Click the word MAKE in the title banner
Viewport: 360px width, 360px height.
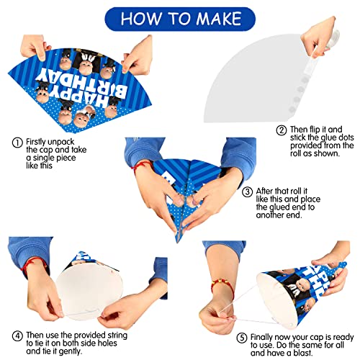[x=219, y=19]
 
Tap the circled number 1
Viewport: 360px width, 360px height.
[x=17, y=143]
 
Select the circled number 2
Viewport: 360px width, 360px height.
[x=282, y=130]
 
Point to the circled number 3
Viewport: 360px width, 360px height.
[x=247, y=192]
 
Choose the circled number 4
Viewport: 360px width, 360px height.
[x=17, y=336]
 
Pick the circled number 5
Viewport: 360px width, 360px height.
[x=242, y=338]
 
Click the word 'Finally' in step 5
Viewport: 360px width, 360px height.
[x=262, y=338]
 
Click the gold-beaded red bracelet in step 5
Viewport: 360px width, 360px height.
[x=222, y=286]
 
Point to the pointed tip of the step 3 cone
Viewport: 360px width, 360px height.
[x=178, y=242]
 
